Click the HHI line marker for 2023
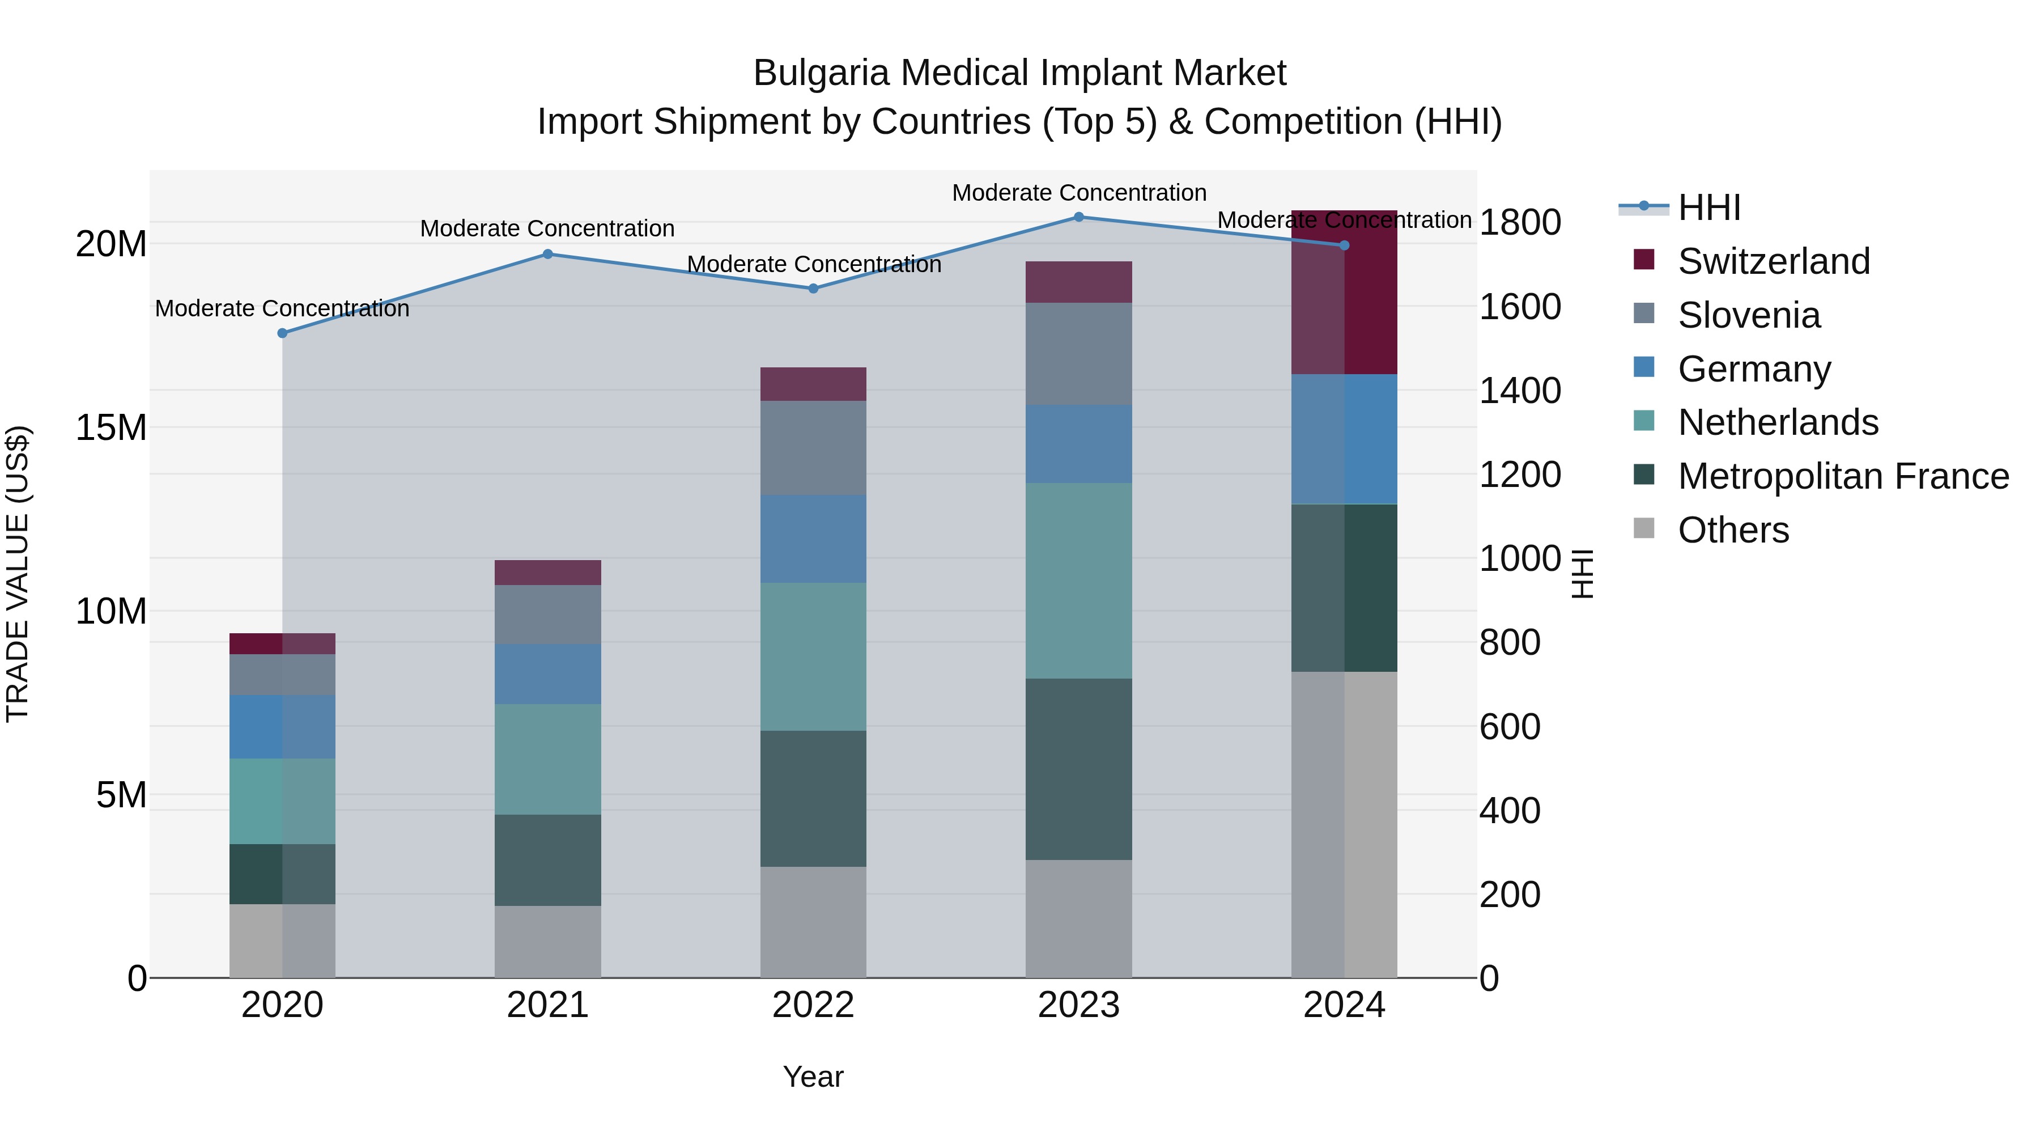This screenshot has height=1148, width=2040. [1078, 217]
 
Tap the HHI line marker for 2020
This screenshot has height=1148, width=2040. [282, 333]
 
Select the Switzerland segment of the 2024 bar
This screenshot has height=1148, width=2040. [1344, 293]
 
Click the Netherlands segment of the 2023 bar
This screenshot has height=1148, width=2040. [1078, 581]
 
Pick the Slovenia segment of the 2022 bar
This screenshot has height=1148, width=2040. [813, 448]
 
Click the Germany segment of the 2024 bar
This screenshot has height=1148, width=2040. [1344, 439]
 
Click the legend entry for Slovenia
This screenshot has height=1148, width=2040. [1749, 315]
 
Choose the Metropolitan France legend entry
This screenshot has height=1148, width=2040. [1843, 476]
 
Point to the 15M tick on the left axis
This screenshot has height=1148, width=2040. [111, 428]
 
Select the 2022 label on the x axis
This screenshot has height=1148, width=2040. [813, 1005]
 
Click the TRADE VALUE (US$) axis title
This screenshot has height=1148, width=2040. [18, 574]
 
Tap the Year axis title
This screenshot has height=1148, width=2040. [813, 1077]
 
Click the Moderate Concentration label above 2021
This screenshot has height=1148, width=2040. [547, 229]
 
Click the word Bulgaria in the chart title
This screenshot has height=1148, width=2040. [821, 73]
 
